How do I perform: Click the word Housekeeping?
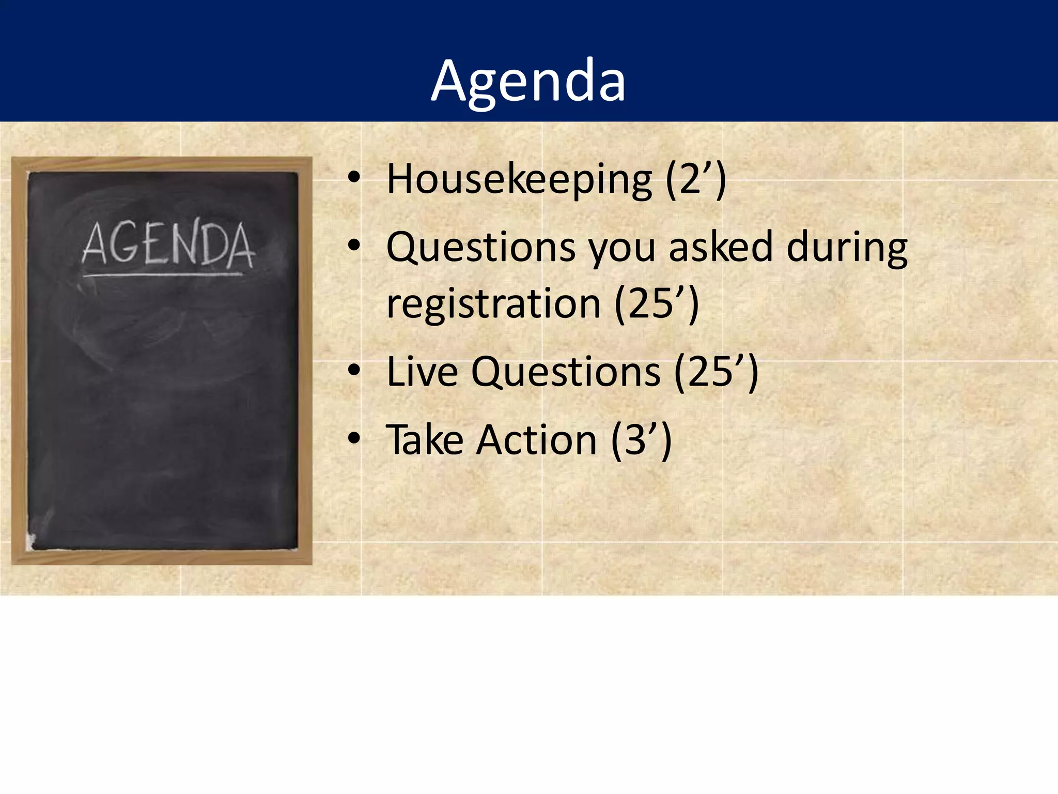(519, 179)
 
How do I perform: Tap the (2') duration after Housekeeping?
(696, 179)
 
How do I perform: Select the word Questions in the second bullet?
(480, 247)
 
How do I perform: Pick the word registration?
(493, 304)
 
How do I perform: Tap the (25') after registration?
(657, 304)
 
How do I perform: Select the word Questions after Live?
(566, 372)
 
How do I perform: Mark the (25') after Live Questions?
(717, 372)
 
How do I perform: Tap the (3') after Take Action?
(641, 440)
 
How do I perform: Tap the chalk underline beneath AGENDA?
(163, 274)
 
